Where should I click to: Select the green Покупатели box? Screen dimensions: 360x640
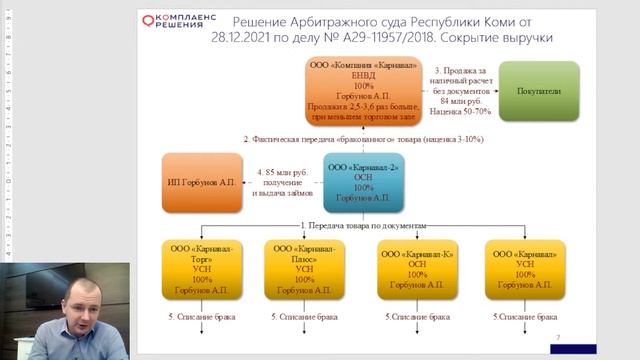[539, 89]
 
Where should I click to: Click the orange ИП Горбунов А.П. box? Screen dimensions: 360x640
[202, 182]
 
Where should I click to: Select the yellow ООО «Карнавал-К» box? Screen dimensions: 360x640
[418, 269]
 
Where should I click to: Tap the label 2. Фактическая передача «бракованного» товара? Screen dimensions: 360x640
[364, 139]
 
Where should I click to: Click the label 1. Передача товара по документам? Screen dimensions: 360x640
[364, 226]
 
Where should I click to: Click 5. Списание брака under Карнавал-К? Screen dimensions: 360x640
[418, 317]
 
